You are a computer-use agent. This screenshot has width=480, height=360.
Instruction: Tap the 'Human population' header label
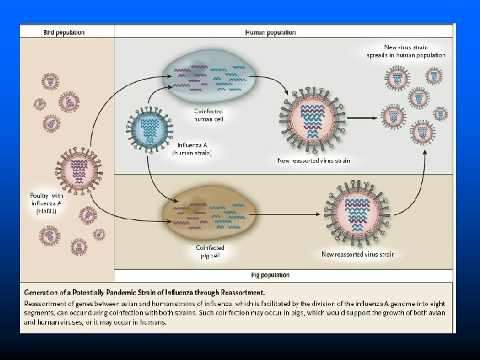coord(271,32)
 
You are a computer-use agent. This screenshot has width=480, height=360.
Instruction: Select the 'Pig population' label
coord(270,275)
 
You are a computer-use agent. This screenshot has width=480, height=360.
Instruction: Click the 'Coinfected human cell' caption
coord(209,115)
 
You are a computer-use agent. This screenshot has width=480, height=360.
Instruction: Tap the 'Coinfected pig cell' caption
coord(210,252)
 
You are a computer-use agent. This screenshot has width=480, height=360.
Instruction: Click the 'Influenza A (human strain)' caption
coord(192,149)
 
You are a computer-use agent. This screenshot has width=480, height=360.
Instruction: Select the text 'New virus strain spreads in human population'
coord(406,50)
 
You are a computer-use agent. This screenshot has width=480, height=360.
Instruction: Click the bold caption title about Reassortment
coord(145,292)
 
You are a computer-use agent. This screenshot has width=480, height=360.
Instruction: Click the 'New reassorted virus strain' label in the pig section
coord(357,254)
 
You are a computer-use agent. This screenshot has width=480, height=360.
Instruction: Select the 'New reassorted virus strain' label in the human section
coord(313,160)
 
